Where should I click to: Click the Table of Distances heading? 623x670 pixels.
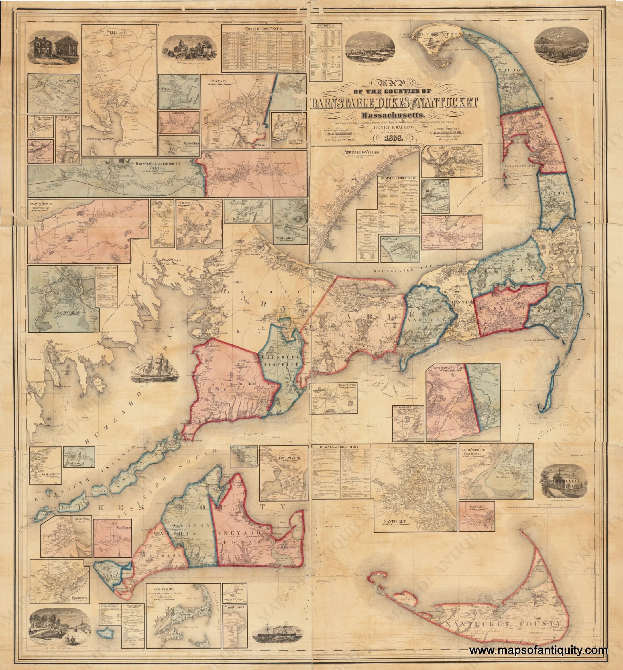pos(264,29)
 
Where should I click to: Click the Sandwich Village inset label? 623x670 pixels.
pos(68,313)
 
